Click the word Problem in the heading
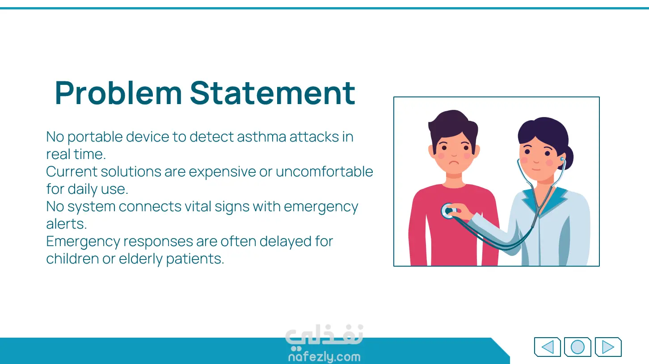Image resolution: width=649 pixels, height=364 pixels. coord(118,93)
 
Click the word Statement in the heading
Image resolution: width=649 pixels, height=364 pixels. coord(272,93)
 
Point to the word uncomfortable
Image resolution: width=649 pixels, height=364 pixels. coord(324,172)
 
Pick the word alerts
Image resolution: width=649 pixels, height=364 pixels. coord(66,224)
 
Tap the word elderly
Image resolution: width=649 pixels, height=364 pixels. coord(141,259)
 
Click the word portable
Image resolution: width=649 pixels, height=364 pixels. coord(95,137)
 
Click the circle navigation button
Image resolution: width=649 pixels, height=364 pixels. coord(577,347)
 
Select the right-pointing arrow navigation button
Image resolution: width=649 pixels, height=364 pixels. coord(608,347)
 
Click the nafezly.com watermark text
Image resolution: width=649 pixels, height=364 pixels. coord(324,356)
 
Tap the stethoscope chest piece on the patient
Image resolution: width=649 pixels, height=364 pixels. coord(449,211)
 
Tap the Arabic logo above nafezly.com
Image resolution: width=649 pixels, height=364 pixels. coord(324,337)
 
